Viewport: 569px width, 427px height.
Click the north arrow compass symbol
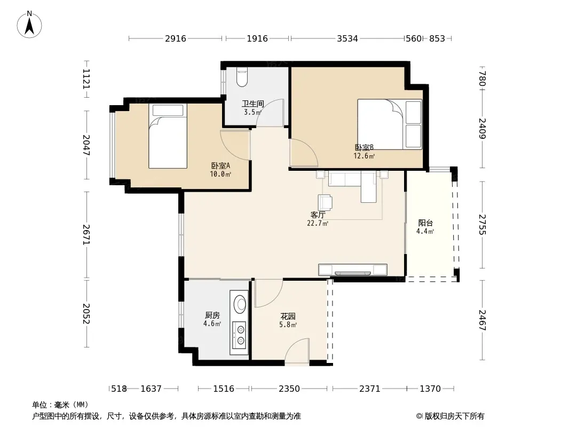click(29, 25)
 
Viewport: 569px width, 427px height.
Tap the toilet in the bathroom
click(242, 77)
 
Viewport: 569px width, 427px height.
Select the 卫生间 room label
click(253, 104)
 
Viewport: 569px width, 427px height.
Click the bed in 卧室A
click(168, 136)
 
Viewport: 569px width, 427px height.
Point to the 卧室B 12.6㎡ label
click(364, 152)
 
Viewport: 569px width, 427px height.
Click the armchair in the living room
click(325, 202)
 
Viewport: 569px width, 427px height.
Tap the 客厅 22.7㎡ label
click(318, 219)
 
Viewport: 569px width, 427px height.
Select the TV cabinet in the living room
click(353, 270)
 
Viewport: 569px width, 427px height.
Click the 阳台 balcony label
click(425, 227)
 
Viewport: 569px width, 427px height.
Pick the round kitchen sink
click(239, 304)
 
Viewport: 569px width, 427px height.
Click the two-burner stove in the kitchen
click(240, 335)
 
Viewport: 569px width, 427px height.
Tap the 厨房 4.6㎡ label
click(212, 319)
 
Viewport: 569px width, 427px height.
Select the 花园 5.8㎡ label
click(288, 320)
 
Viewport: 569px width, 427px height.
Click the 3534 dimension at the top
click(347, 38)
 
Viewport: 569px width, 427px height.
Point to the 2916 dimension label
click(176, 38)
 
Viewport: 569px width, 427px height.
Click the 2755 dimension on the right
click(482, 225)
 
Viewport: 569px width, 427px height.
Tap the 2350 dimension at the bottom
click(289, 389)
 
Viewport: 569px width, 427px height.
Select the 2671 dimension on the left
click(86, 234)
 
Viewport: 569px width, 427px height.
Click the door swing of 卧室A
click(235, 145)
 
